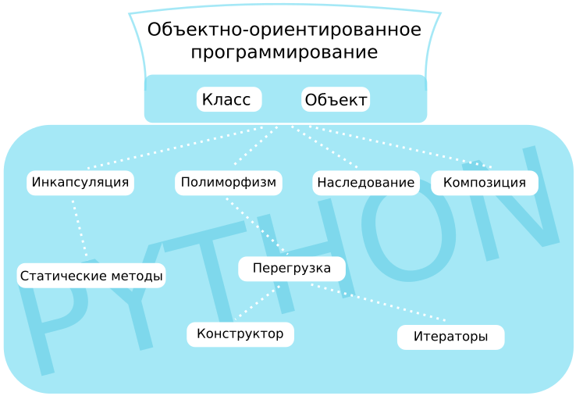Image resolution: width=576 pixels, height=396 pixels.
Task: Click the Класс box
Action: point(228,100)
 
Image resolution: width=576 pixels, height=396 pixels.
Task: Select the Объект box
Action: point(336,100)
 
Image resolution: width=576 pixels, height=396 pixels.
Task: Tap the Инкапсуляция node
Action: point(80,183)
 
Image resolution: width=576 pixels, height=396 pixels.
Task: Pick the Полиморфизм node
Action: point(228,183)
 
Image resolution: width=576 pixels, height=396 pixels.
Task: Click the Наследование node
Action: point(365,183)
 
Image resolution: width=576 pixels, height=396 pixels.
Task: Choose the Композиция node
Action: point(484,183)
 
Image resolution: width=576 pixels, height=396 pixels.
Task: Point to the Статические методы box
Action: point(91,276)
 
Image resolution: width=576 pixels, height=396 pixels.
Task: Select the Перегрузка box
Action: point(292,269)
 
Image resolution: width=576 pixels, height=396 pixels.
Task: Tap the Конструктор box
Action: point(240,334)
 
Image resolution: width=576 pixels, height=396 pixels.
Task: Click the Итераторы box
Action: point(450,337)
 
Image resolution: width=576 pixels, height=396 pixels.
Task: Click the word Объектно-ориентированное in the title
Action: point(284,30)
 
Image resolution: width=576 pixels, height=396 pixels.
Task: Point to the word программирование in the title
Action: point(284,53)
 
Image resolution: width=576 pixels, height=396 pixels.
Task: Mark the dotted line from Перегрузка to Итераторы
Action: point(379,303)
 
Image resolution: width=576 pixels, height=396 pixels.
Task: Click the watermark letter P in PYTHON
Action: point(47,312)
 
